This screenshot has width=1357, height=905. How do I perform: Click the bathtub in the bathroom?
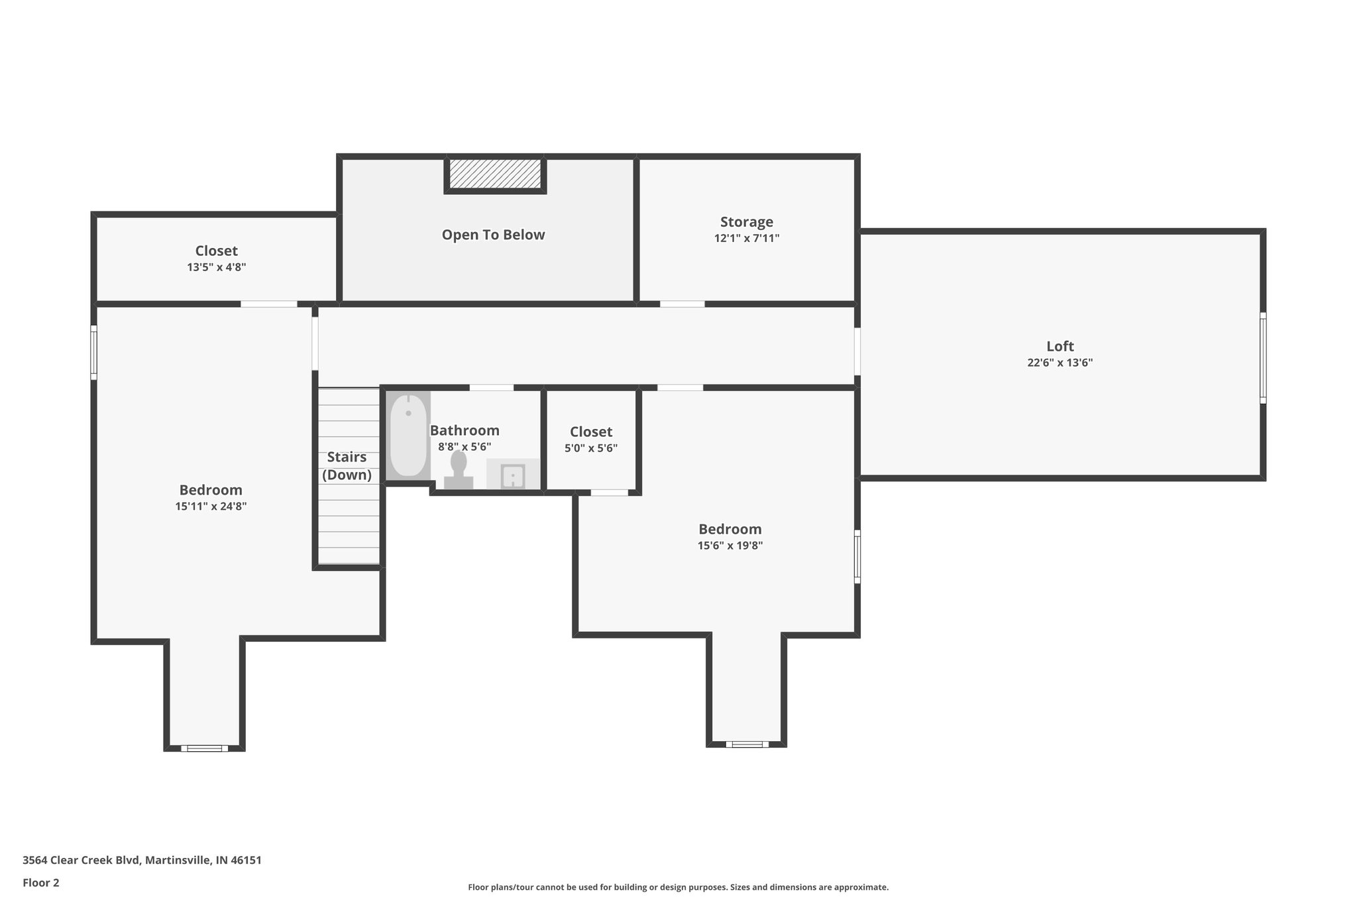[x=408, y=435]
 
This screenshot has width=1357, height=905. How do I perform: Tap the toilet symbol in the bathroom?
[x=459, y=471]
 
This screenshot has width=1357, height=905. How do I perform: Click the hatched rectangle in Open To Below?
[x=495, y=174]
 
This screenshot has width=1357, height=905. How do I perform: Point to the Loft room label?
[x=1059, y=346]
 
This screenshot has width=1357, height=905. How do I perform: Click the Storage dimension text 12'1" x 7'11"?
[x=746, y=238]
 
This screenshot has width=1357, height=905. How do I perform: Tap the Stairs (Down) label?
[x=347, y=465]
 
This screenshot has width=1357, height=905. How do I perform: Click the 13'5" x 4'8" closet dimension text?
[x=216, y=267]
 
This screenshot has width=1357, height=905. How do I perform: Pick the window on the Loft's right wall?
[x=1263, y=358]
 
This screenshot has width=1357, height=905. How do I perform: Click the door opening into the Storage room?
[x=682, y=304]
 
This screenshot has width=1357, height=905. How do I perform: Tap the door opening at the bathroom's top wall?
[x=491, y=387]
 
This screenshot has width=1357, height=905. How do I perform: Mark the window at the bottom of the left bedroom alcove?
[x=204, y=749]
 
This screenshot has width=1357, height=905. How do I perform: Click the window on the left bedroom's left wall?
[x=94, y=352]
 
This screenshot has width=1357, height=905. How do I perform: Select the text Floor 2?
[x=41, y=882]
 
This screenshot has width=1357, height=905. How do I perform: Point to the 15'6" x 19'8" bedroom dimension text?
[x=730, y=546]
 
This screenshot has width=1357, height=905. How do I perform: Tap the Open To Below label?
[x=493, y=235]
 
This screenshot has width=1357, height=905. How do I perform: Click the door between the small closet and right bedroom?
[x=609, y=493]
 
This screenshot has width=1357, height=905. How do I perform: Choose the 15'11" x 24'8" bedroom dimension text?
[x=211, y=507]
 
